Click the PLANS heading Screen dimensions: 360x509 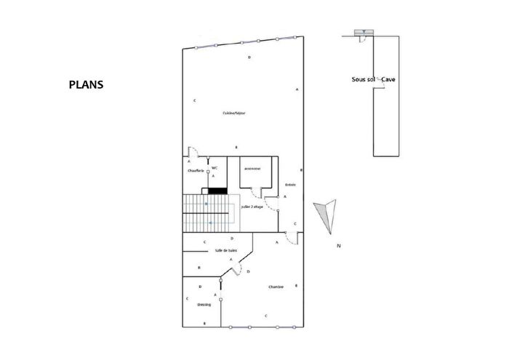[86, 84]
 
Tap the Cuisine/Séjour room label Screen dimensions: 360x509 [233, 113]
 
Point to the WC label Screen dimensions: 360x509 [215, 168]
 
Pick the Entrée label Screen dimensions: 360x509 [289, 184]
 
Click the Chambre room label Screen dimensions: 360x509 [276, 286]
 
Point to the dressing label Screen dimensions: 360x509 [204, 305]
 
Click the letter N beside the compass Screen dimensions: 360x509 [338, 247]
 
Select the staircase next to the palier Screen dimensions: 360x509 [206, 212]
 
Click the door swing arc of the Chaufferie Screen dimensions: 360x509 [193, 152]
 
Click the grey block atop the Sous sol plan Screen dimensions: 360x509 [361, 33]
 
